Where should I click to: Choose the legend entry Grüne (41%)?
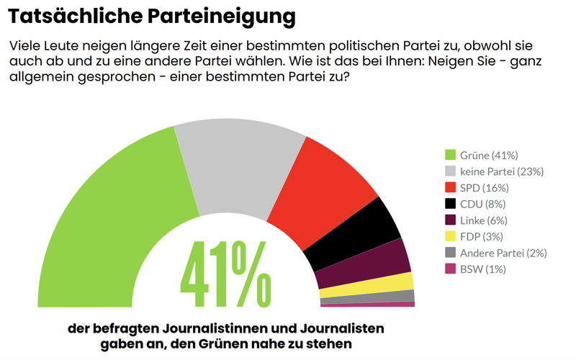point(489,155)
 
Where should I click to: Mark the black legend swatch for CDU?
point(451,204)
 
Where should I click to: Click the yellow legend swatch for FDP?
point(451,236)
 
